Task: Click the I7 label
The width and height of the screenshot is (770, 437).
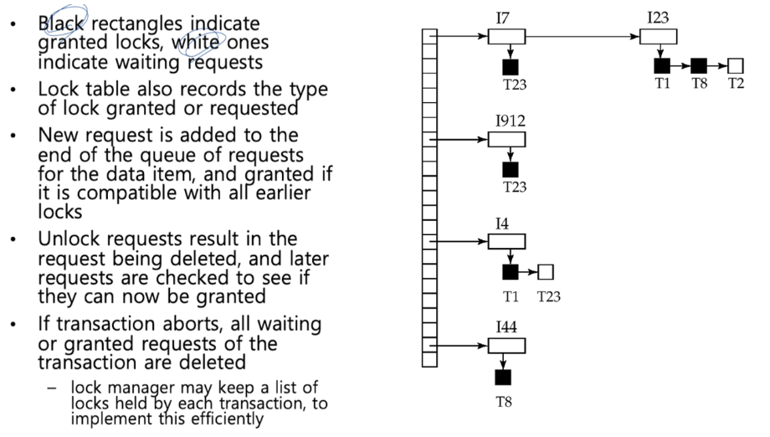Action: (x=504, y=17)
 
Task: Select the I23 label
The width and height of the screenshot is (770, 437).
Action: (x=657, y=17)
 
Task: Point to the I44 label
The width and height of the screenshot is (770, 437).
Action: (x=506, y=327)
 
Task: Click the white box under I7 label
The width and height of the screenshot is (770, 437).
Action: (x=506, y=36)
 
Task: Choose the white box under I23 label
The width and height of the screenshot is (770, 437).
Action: (x=659, y=36)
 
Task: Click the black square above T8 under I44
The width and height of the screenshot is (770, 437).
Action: (x=504, y=377)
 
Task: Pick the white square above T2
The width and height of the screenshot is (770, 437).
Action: (x=736, y=65)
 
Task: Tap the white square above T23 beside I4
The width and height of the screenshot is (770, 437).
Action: (x=546, y=272)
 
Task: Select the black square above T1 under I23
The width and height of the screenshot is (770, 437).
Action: (x=662, y=65)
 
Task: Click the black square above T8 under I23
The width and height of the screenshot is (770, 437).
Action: (x=699, y=65)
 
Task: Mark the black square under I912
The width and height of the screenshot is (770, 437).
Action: (x=510, y=169)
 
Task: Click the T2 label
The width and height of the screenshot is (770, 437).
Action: (x=736, y=83)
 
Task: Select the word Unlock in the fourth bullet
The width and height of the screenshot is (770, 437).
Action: (x=64, y=239)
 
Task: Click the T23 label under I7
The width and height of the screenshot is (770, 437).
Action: (x=515, y=84)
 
